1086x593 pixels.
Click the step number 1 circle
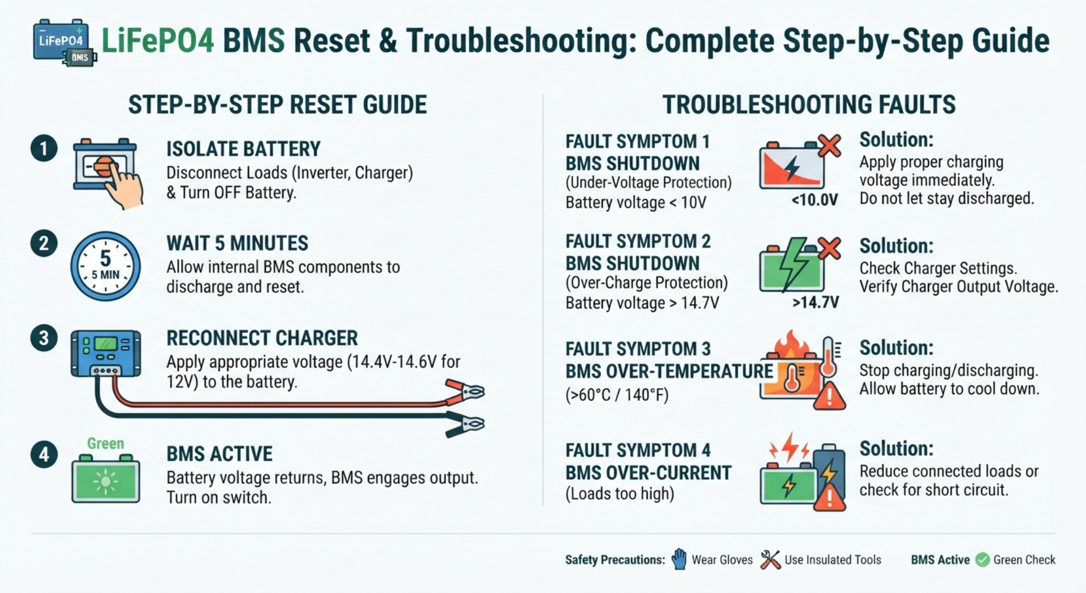click(x=44, y=149)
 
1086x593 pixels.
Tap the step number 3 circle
click(x=44, y=338)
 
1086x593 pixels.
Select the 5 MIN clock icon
click(x=105, y=266)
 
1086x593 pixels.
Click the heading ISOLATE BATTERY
click(x=243, y=149)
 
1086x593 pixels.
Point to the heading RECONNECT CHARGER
click(x=262, y=338)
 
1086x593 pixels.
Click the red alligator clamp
click(x=465, y=391)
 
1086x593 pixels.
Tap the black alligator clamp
click(x=465, y=424)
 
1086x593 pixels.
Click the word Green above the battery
click(x=105, y=443)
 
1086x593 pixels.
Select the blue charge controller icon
click(x=106, y=354)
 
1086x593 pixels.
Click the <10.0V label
click(x=814, y=200)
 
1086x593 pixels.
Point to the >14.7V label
click(x=816, y=302)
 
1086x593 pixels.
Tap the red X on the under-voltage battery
click(x=829, y=146)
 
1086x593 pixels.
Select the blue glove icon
click(x=679, y=559)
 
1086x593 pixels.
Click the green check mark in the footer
click(x=982, y=560)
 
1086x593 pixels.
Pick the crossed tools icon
click(x=770, y=560)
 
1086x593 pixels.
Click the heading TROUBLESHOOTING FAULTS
click(x=809, y=104)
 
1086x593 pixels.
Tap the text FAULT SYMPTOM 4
click(x=638, y=450)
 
